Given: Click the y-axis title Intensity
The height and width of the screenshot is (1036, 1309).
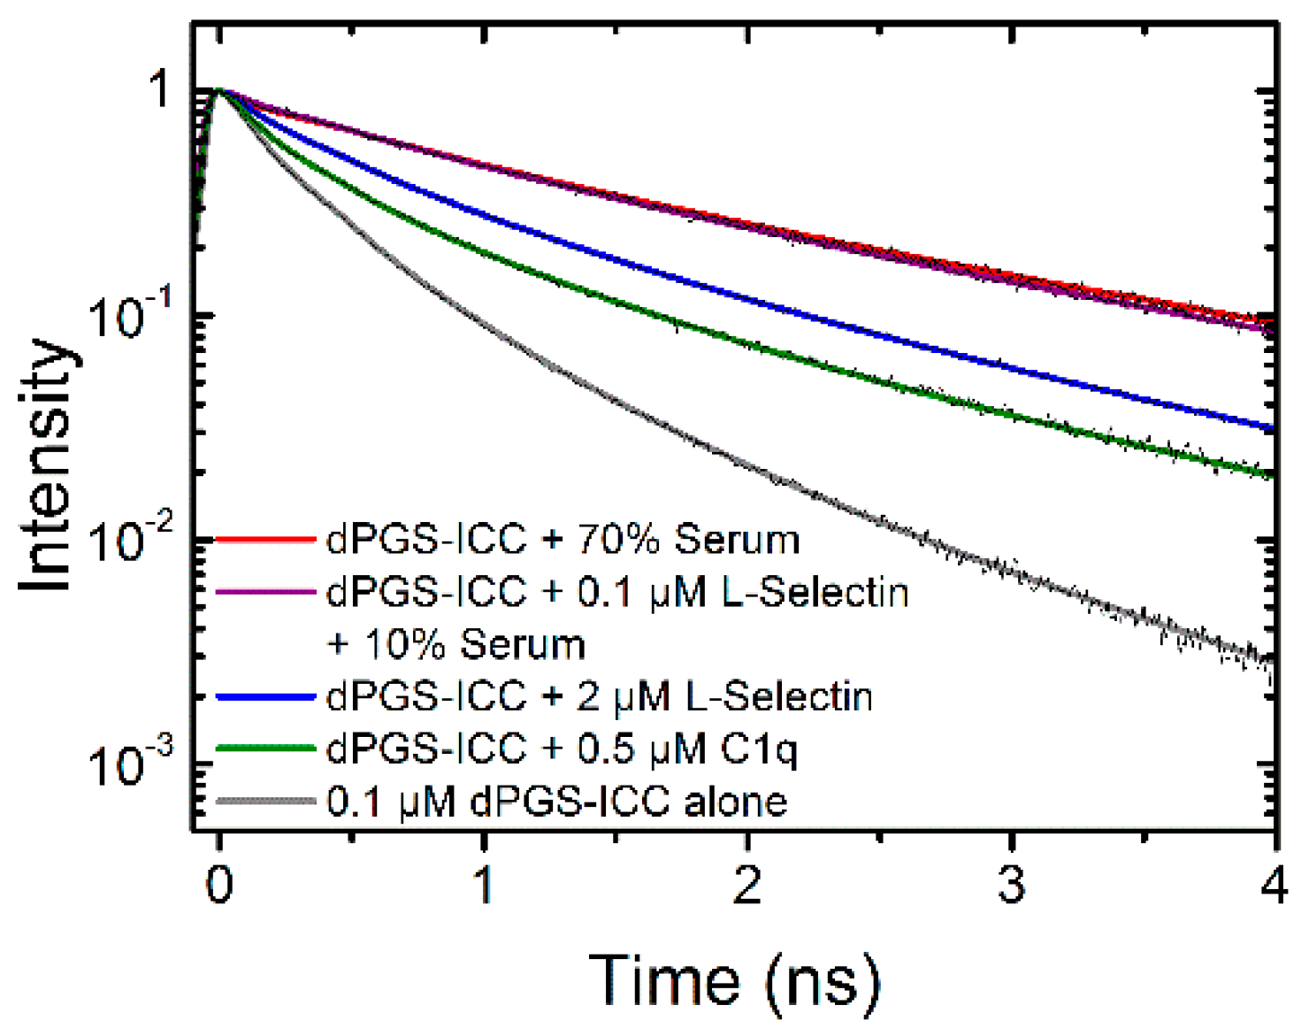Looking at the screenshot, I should [x=46, y=466].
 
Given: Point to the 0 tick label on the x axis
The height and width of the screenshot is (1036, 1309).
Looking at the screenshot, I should [x=219, y=885].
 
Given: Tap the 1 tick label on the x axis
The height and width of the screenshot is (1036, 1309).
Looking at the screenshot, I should [x=484, y=885].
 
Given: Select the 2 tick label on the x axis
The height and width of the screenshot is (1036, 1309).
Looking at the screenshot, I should [x=747, y=885].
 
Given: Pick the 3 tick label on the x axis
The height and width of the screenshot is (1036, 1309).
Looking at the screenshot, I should [x=1011, y=885].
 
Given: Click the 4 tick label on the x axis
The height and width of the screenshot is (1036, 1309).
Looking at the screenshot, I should [x=1274, y=885].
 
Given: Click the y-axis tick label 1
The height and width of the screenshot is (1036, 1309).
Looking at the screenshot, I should [x=160, y=89].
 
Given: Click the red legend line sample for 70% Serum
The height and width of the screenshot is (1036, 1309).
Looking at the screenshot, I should [x=265, y=539].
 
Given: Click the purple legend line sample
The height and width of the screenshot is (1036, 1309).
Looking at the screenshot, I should [x=265, y=591].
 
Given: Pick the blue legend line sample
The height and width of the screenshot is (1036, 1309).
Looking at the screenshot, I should [x=265, y=697].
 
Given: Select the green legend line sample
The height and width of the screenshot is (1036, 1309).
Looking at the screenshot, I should [x=265, y=749].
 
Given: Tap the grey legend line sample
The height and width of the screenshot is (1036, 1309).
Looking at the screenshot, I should [x=265, y=802].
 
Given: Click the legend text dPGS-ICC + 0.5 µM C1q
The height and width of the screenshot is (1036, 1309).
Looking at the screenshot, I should [x=562, y=750].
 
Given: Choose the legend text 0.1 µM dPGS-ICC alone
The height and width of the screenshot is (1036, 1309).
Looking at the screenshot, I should [x=556, y=802].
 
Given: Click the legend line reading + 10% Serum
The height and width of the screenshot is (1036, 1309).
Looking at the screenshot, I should [x=455, y=645].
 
